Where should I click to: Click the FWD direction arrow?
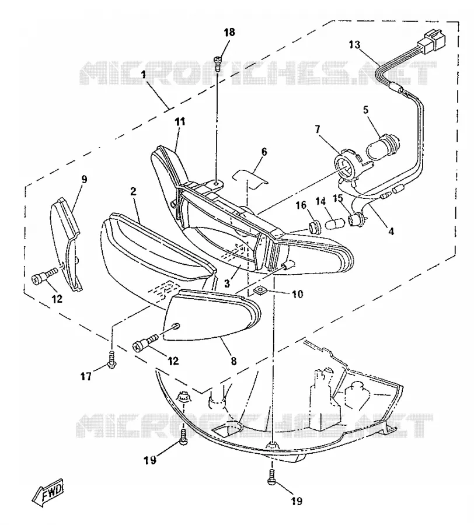[x=47, y=492]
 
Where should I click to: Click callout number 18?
[x=229, y=33]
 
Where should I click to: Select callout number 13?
[x=354, y=44]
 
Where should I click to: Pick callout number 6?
[x=264, y=152]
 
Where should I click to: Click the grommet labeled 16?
[x=315, y=227]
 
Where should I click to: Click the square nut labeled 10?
[x=259, y=290]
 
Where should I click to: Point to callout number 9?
[x=84, y=180]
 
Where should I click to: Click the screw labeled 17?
[x=111, y=359]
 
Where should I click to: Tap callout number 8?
[x=233, y=360]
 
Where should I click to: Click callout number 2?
[x=133, y=191]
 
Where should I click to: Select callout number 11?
[x=180, y=121]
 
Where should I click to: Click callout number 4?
[x=391, y=230]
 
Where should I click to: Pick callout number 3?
[x=227, y=283]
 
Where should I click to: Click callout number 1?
[x=144, y=74]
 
